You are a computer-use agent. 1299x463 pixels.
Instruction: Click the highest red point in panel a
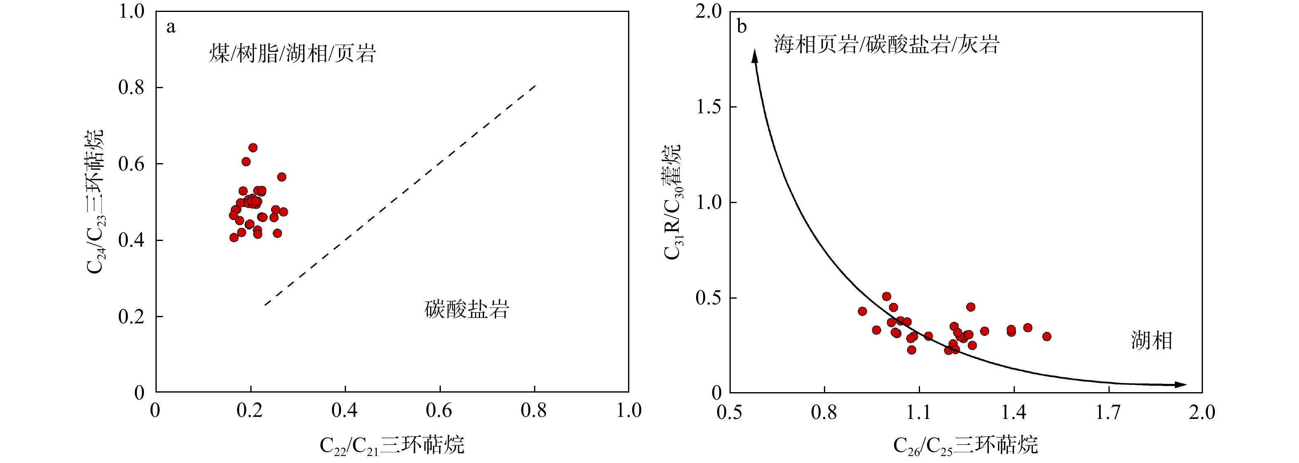[x=253, y=147]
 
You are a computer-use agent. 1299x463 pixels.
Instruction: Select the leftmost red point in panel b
[x=862, y=311]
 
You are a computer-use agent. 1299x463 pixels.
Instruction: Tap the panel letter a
[x=171, y=27]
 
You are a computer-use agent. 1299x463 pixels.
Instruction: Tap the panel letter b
[x=741, y=26]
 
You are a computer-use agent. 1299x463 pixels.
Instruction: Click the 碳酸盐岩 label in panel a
[x=467, y=309]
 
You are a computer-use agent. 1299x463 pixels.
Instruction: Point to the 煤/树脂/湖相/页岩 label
[x=292, y=54]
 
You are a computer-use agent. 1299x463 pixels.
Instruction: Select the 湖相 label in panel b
[x=1151, y=341]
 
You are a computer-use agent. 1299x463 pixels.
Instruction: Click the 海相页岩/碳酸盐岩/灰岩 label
[x=887, y=45]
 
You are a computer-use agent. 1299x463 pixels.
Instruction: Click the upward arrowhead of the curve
[x=755, y=56]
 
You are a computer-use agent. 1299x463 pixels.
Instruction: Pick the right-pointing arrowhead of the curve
[x=1181, y=384]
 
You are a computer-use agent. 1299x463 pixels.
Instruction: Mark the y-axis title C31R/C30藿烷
[x=672, y=201]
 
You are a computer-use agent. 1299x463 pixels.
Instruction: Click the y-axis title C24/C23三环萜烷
[x=95, y=201]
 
